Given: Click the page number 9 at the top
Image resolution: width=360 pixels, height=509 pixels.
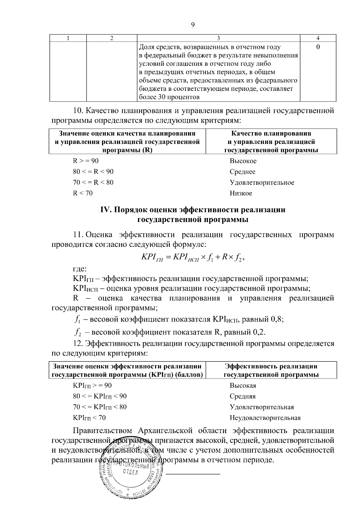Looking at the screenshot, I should click(193, 25).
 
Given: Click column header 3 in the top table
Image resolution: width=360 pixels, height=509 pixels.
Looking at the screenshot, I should click(218, 38).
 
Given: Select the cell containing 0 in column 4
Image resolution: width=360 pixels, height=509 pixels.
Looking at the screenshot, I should click(318, 47).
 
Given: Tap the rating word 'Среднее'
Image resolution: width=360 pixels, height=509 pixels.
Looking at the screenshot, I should click(242, 172).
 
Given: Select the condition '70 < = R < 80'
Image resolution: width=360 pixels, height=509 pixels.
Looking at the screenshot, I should click(93, 183).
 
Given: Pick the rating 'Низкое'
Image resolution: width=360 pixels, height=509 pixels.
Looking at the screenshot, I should click(241, 193).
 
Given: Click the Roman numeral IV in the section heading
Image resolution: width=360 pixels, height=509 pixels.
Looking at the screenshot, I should click(106, 210).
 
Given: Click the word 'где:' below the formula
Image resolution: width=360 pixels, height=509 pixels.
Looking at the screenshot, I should click(79, 269).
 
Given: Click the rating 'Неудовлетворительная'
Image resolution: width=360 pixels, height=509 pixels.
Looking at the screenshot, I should click(265, 418).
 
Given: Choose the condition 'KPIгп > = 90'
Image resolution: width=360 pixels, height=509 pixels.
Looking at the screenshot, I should click(92, 385).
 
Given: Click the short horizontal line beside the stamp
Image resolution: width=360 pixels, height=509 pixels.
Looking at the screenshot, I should click(193, 474).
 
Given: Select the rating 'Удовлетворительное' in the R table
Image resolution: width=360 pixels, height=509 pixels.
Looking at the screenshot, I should click(262, 183).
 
